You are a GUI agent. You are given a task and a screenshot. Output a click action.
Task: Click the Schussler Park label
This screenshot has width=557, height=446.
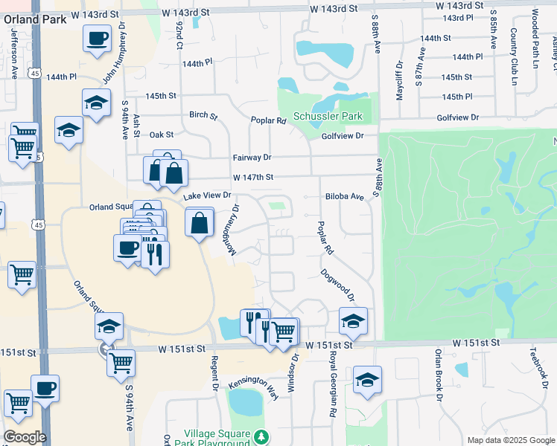pyautogui.click(x=327, y=117)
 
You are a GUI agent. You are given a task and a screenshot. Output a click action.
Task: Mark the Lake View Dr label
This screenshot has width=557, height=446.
pyautogui.click(x=208, y=195)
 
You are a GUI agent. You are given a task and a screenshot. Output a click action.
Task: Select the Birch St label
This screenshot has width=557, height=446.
pyautogui.click(x=203, y=116)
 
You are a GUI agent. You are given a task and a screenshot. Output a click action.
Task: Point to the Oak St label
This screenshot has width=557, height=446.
pyautogui.click(x=161, y=135)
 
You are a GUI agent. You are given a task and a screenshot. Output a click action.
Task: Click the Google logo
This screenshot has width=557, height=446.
pyautogui.click(x=25, y=437)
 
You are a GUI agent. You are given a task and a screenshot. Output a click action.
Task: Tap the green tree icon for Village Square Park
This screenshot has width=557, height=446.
pyautogui.click(x=261, y=435)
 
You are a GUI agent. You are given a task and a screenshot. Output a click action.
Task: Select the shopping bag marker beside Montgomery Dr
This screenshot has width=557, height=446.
pyautogui.click(x=200, y=222)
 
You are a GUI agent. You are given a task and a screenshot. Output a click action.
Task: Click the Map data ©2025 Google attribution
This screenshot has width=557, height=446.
pyautogui.click(x=510, y=440)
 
